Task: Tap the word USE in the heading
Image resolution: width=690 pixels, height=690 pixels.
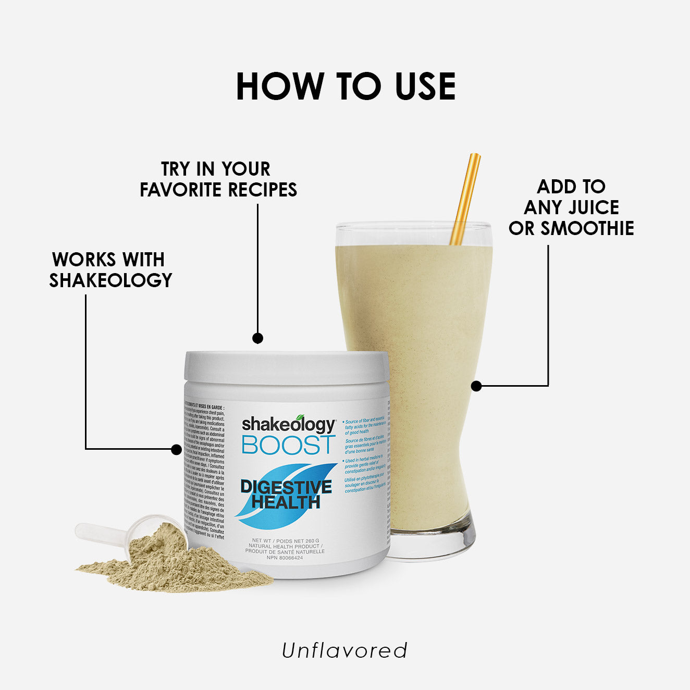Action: pos(425,86)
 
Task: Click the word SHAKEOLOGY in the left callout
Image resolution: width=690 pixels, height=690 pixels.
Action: pos(110,280)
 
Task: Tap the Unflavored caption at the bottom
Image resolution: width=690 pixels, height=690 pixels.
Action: pos(344,650)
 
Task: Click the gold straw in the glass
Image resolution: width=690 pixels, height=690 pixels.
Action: pos(465,198)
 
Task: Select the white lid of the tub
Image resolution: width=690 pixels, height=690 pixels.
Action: pos(287,367)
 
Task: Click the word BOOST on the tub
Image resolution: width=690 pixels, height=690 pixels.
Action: pos(288,445)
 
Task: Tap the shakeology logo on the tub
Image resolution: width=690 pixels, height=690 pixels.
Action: pos(288,424)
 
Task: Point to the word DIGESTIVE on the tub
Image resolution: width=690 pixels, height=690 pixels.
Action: pos(286,487)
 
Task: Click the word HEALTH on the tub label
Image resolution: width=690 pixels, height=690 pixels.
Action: pos(286,502)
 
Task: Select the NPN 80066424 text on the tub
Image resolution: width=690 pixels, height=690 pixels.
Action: pos(285,558)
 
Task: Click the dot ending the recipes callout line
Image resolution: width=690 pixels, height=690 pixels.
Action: pos(257,338)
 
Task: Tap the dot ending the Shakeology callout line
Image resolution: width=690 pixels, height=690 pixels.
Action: pos(177,449)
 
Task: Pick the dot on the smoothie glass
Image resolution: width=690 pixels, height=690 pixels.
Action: pos(476,386)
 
